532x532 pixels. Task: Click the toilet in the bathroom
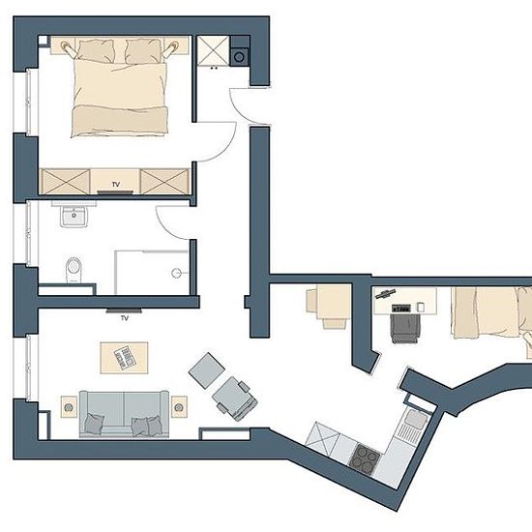(74, 270)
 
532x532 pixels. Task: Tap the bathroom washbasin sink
(74, 215)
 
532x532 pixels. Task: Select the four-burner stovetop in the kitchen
(365, 459)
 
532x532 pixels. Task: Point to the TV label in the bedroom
(116, 185)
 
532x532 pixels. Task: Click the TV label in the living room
(125, 318)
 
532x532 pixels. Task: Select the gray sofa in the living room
(124, 414)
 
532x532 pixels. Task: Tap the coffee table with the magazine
(124, 358)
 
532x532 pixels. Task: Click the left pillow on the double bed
(96, 50)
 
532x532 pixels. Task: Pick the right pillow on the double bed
(143, 51)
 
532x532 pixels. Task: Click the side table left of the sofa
(69, 406)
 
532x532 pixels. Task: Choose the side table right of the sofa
(179, 406)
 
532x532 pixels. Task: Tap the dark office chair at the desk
(405, 328)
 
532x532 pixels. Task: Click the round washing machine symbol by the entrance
(239, 56)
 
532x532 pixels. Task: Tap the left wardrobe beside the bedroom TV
(66, 182)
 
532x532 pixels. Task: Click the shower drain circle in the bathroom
(176, 273)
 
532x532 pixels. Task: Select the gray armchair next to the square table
(235, 398)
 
